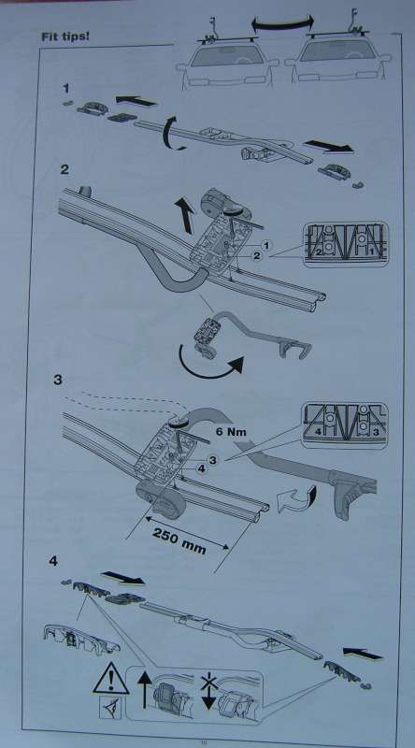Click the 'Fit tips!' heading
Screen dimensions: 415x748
click(64, 36)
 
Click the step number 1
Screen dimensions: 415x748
click(66, 88)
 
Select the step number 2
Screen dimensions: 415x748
click(64, 169)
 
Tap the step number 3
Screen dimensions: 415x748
click(58, 381)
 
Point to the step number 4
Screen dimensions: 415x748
click(53, 561)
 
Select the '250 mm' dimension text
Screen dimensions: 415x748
click(179, 541)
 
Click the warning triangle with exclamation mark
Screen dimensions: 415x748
click(110, 679)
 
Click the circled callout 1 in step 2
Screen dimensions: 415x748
click(266, 245)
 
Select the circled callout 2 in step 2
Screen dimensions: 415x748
click(256, 256)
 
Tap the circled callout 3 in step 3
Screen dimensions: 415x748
click(213, 459)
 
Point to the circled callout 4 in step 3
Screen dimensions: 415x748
click(202, 469)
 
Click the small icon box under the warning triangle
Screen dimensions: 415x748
click(110, 707)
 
